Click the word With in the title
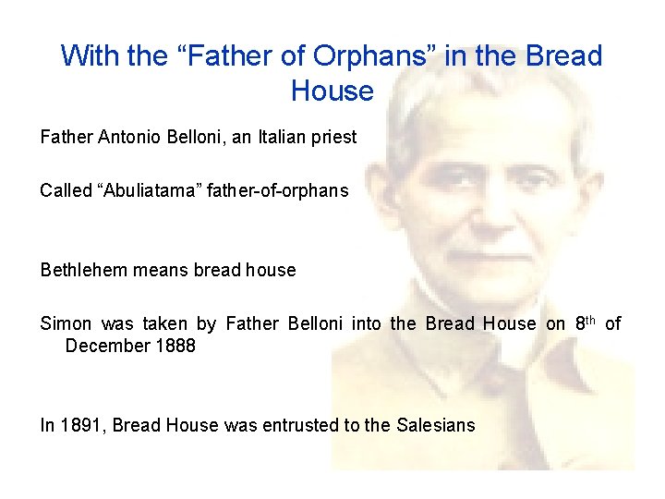(90, 56)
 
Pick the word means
(160, 271)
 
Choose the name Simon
(66, 323)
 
